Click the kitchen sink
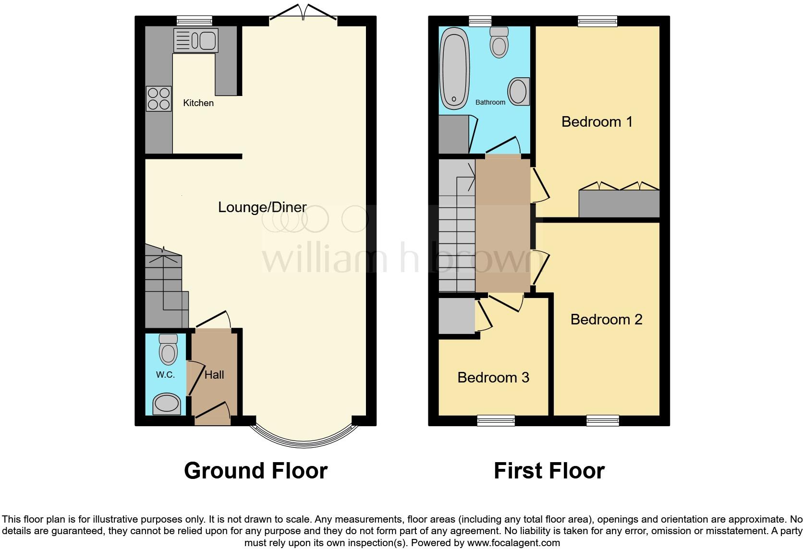195,40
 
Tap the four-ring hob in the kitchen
158,98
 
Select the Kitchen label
198,103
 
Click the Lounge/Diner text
262,207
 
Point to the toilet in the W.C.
168,350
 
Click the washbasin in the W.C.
167,404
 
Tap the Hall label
214,375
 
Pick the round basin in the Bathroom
518,91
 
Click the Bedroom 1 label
597,122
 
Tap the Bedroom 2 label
606,319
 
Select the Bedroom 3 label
493,377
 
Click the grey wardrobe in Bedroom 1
619,203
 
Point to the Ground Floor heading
255,470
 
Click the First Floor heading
549,470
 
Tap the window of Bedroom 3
496,421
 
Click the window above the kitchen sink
194,20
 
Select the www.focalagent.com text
513,543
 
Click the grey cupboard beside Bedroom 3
456,315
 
